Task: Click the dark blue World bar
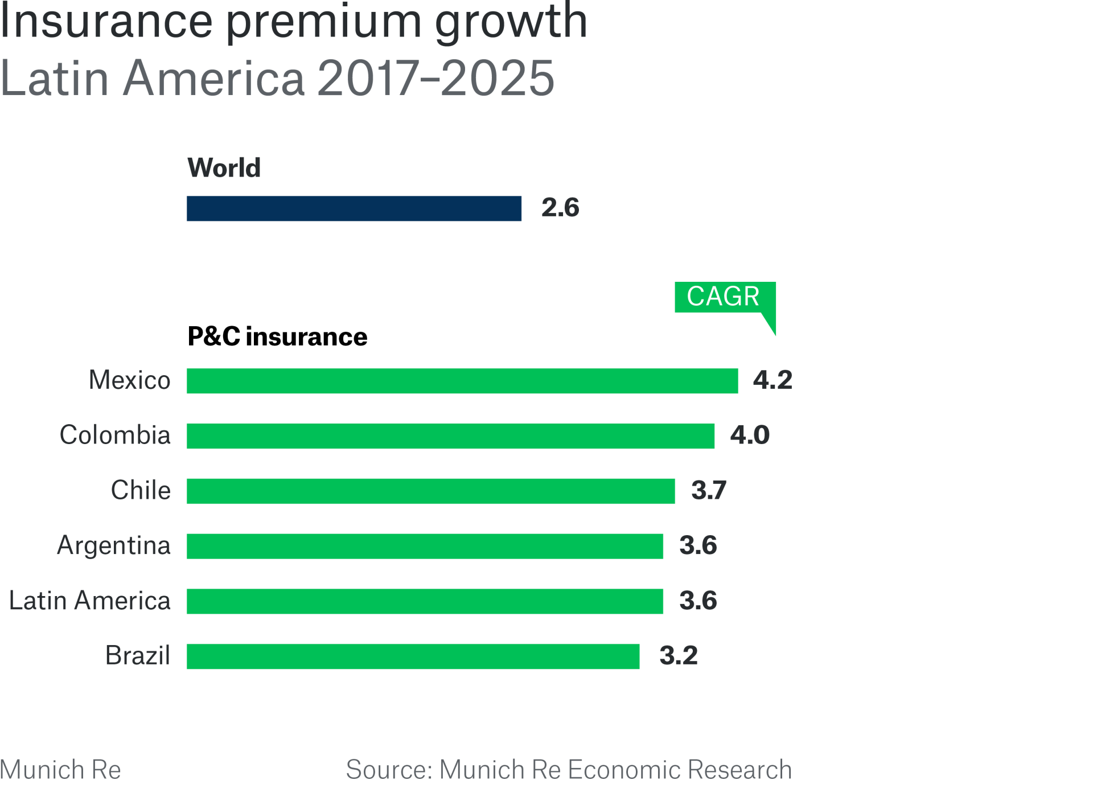click(x=354, y=208)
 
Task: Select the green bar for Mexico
click(x=462, y=381)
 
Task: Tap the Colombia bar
click(x=450, y=436)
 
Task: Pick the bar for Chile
click(x=430, y=491)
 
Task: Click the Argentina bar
click(x=425, y=547)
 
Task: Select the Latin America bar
click(x=425, y=602)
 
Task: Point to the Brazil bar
click(x=413, y=656)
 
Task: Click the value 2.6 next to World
click(x=560, y=208)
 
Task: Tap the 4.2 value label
click(x=773, y=380)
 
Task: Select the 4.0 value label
click(x=750, y=436)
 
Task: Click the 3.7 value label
click(x=709, y=491)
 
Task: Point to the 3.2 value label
click(x=678, y=656)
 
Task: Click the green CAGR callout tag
click(x=724, y=297)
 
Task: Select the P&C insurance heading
click(x=277, y=337)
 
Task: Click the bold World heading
click(x=224, y=168)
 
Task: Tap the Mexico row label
click(x=130, y=380)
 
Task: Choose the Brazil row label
click(x=138, y=656)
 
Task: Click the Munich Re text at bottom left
click(x=60, y=770)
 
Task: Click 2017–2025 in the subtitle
click(x=435, y=79)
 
